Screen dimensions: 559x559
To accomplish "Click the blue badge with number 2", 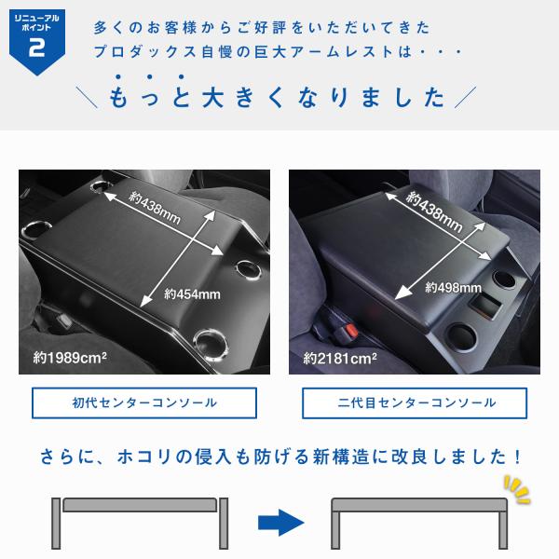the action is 37,42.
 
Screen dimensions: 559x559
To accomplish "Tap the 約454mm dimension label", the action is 192,294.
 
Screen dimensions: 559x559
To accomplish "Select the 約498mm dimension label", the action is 453,288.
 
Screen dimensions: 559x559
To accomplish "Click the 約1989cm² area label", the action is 70,358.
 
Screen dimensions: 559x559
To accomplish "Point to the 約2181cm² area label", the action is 340,359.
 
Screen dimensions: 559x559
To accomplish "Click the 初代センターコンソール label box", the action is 144,402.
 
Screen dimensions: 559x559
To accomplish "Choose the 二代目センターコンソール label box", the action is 415,402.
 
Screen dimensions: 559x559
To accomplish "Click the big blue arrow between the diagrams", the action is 281,523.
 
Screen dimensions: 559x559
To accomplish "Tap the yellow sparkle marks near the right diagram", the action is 517,489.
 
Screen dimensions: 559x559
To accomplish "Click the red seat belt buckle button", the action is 351,330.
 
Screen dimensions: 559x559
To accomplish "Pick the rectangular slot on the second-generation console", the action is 485,306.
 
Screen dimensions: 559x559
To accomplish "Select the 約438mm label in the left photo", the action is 155,208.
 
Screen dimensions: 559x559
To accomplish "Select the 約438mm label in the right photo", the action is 434,211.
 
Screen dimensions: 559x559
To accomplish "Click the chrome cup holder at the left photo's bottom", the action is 211,343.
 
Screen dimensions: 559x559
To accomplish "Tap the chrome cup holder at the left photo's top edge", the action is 101,185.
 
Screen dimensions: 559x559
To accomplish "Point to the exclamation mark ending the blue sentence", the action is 518,457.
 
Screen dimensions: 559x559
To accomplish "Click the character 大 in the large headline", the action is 212,97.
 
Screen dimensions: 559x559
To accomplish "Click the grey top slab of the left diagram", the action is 140,505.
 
